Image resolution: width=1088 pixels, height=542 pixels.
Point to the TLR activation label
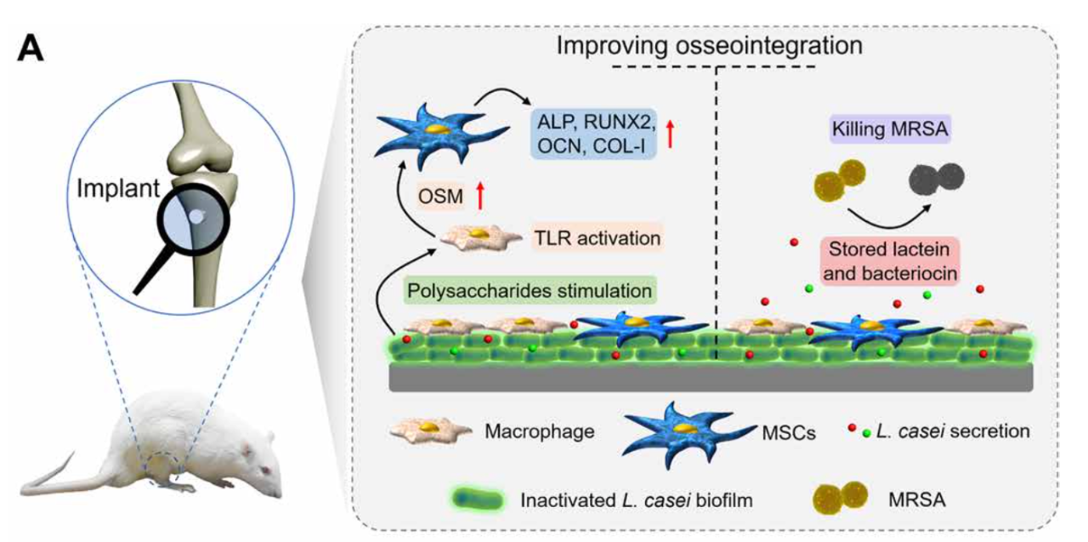(x=597, y=238)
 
